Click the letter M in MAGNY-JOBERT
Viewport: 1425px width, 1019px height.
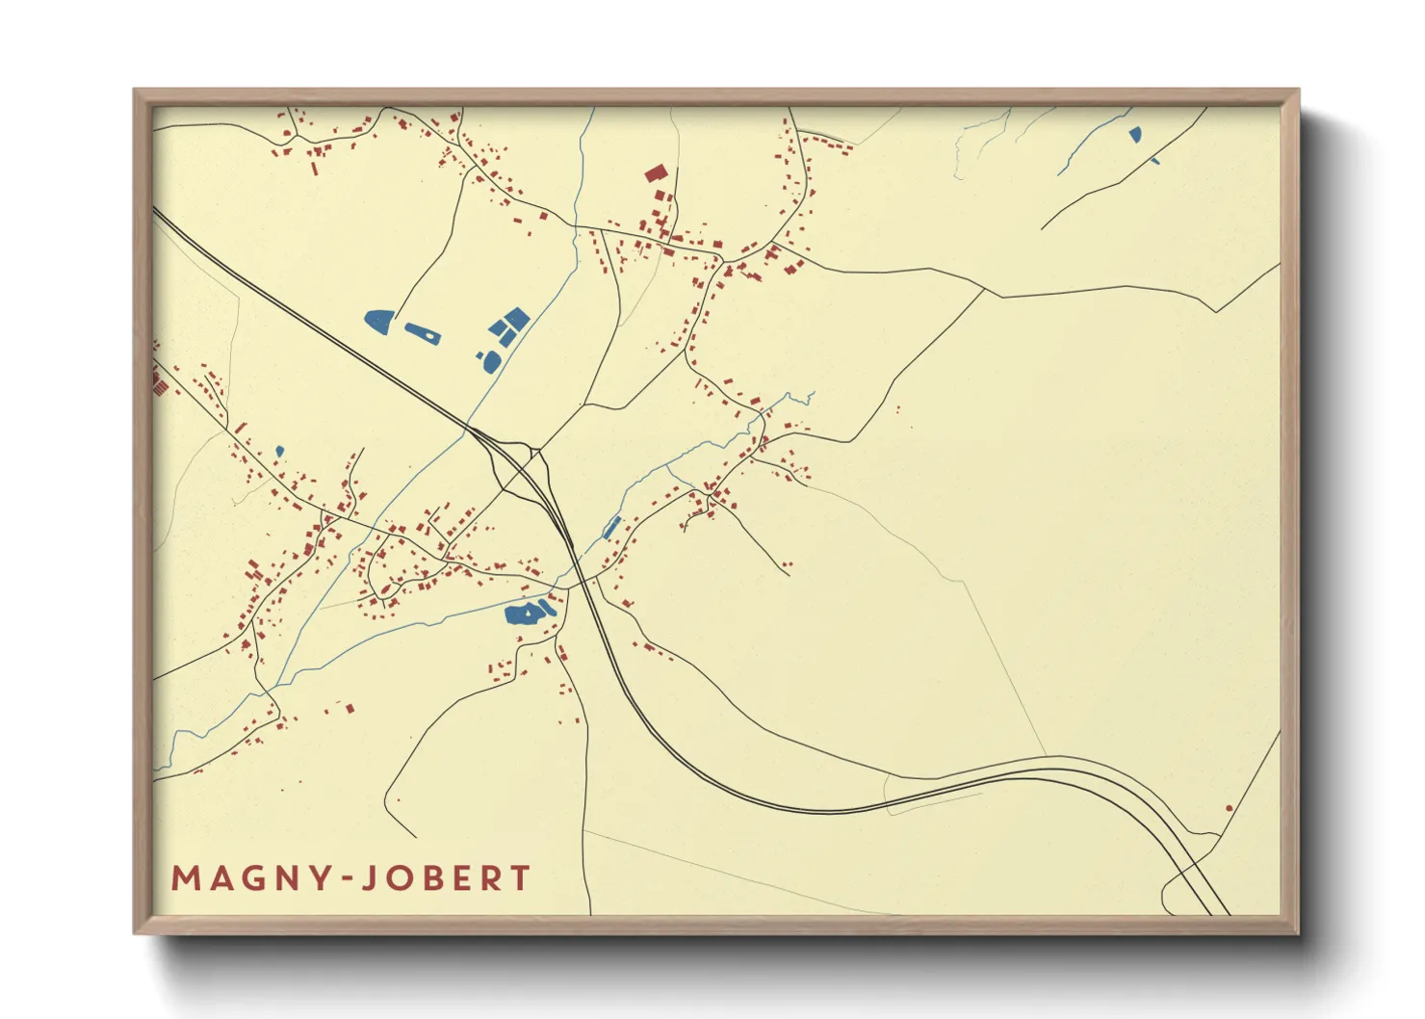pos(186,878)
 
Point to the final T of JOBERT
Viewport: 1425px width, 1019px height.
pos(520,878)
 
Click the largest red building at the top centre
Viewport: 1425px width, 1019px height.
pos(656,173)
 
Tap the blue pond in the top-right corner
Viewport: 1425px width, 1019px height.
pos(1135,134)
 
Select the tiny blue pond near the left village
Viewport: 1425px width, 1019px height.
pos(279,451)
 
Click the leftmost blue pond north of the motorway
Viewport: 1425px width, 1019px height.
pos(378,320)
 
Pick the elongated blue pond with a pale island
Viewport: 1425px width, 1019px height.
pos(423,334)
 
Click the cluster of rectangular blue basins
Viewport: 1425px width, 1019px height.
pos(509,326)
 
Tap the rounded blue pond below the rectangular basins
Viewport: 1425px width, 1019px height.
pos(491,361)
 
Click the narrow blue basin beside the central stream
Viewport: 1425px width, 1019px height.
pos(611,528)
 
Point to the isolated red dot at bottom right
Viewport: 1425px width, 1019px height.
pos(1229,808)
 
